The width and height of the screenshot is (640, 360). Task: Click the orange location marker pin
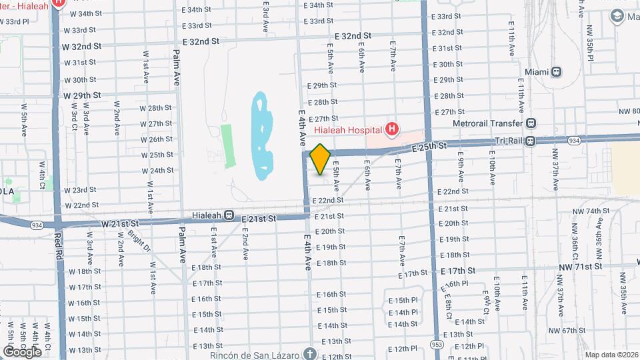pyautogui.click(x=320, y=159)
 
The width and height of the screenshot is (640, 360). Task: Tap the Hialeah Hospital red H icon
pyautogui.click(x=392, y=129)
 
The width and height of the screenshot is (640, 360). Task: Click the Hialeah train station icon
pyautogui.click(x=229, y=215)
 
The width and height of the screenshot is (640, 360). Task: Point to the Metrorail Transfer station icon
pyautogui.click(x=531, y=123)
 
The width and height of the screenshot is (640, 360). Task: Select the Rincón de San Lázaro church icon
pyautogui.click(x=309, y=353)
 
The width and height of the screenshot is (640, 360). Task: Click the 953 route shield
pyautogui.click(x=436, y=344)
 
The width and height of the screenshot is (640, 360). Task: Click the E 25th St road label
pyautogui.click(x=429, y=146)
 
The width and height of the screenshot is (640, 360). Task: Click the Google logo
pyautogui.click(x=22, y=351)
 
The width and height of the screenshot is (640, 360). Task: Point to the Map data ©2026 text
pyautogui.click(x=609, y=354)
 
